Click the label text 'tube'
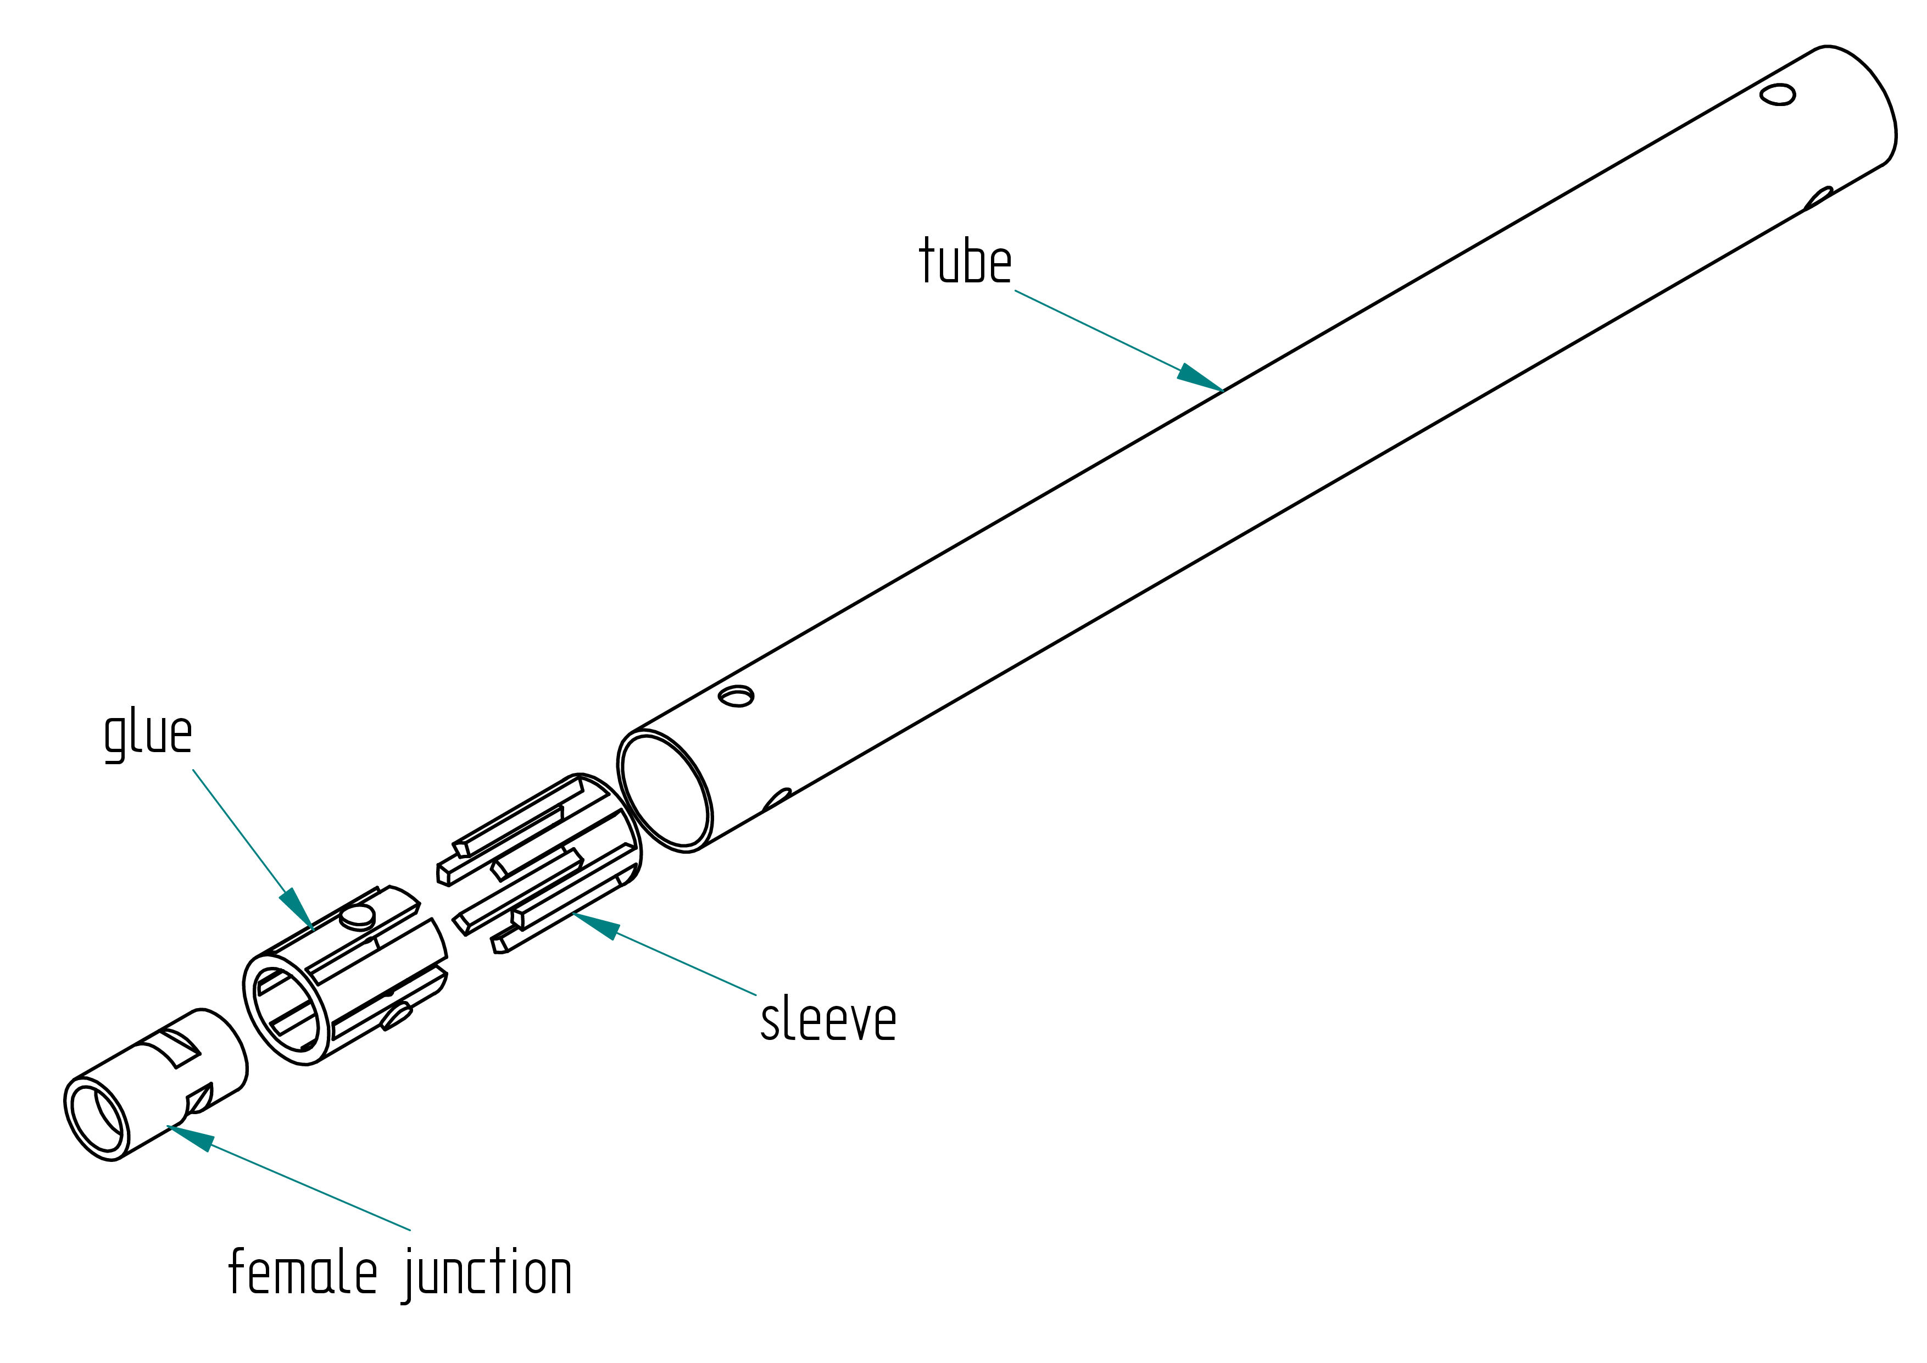(x=965, y=260)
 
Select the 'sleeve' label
(x=828, y=1019)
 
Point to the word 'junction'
(x=487, y=1274)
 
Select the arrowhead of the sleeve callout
(x=597, y=926)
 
